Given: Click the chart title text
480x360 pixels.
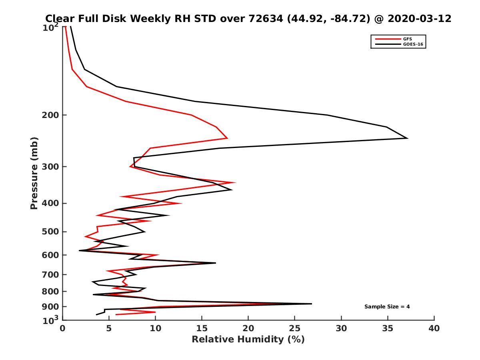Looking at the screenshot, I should pos(248,18).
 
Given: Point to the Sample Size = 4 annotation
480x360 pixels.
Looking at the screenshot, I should pos(387,307).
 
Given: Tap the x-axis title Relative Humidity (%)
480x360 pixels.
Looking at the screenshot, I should pos(248,340).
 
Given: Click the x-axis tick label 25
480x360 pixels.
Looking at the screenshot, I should pos(295,328).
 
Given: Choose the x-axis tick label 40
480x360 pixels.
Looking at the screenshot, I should pos(434,328).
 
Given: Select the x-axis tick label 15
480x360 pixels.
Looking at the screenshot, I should pos(202,328).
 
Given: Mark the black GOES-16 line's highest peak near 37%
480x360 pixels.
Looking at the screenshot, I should pos(407,138).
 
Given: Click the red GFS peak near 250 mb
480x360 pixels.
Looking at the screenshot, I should pos(227,138).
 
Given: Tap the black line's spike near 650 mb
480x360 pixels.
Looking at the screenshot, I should pos(215,263).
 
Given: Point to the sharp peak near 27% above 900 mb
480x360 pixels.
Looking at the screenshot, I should pos(311,304).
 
